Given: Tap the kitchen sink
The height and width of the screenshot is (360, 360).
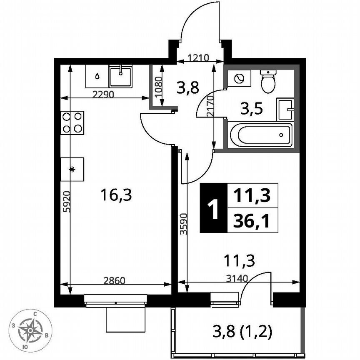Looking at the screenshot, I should [120, 76].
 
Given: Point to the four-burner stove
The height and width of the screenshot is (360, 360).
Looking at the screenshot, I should [72, 122].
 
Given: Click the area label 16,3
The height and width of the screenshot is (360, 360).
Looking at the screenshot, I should [116, 195].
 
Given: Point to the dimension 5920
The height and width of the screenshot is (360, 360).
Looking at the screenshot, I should [65, 202].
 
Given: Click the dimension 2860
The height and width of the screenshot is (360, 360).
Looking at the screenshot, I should [114, 280].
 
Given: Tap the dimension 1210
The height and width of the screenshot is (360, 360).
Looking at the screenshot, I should [197, 58].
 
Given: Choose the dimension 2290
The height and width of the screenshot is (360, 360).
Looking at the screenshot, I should [103, 94].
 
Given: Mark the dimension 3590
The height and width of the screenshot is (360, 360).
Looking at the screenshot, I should [183, 225].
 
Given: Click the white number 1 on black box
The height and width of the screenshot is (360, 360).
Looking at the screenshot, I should [214, 208].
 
